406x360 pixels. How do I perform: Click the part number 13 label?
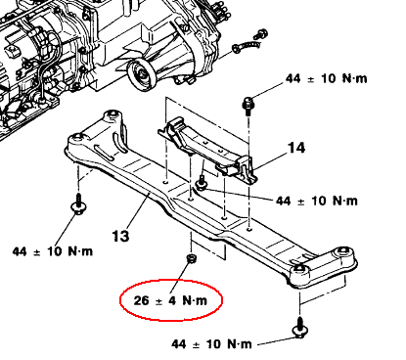tap(120, 236)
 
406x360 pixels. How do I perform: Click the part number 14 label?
tap(296, 148)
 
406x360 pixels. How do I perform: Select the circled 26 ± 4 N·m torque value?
tap(170, 300)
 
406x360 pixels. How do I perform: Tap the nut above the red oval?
tap(191, 258)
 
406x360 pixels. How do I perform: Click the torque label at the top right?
tap(326, 78)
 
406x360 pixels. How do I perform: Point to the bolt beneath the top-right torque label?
tap(248, 106)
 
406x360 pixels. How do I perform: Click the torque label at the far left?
tap(53, 251)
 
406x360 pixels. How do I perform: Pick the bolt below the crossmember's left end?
tap(78, 204)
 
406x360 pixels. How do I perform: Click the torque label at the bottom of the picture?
tap(211, 344)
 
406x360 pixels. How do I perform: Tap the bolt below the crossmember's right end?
tap(299, 328)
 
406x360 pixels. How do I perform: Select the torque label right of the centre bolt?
tap(317, 201)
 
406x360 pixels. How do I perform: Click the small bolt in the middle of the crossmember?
tap(201, 183)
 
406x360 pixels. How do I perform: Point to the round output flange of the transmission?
tap(142, 75)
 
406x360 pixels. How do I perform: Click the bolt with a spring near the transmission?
tap(247, 47)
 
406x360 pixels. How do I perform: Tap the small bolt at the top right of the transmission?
tap(261, 33)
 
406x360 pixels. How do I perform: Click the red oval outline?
tap(120, 300)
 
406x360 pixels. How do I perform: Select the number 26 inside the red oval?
tap(141, 300)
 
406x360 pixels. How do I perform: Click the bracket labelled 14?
tap(207, 151)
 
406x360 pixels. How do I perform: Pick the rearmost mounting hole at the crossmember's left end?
tap(113, 113)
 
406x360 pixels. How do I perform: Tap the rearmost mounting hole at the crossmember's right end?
tap(342, 250)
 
